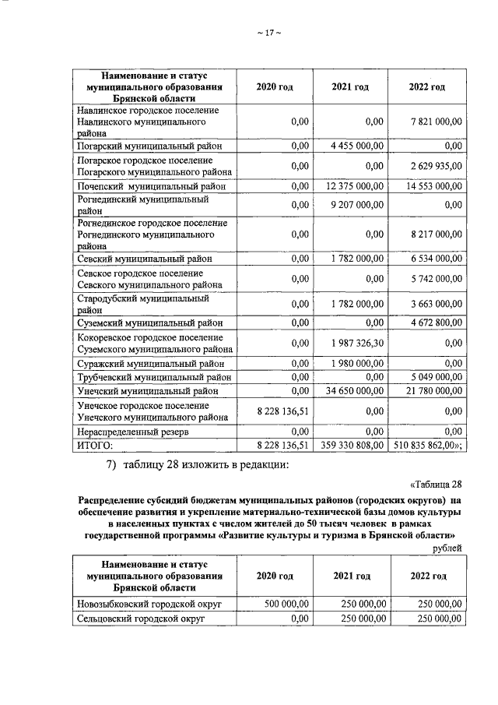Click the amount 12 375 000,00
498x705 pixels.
[x=354, y=187]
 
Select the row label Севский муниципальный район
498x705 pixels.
[x=145, y=259]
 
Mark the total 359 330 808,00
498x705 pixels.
[x=352, y=445]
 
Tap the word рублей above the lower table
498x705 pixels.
[x=448, y=548]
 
